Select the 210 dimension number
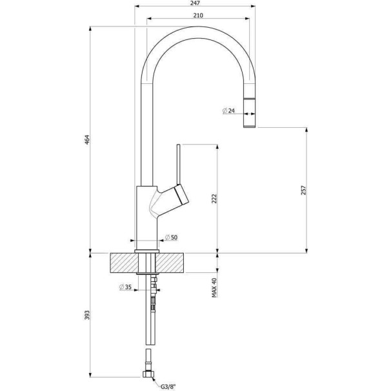click(x=198, y=15)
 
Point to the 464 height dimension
click(x=86, y=140)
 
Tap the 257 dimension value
click(x=303, y=190)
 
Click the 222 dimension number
click(x=214, y=199)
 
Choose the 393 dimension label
click(x=86, y=316)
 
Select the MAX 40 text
click(x=214, y=288)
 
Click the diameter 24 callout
click(x=228, y=110)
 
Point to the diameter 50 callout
click(x=172, y=237)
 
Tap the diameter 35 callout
click(x=125, y=287)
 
